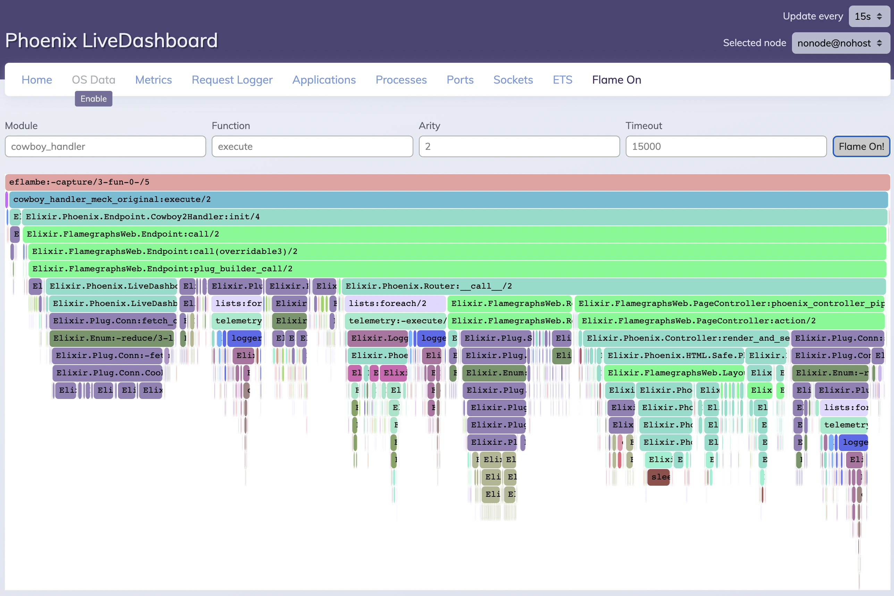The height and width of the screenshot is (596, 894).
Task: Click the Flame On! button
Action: (861, 146)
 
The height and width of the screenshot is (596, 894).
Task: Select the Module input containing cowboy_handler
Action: (106, 146)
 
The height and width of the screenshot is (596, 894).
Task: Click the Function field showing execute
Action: (312, 146)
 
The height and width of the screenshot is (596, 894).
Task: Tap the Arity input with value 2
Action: (519, 146)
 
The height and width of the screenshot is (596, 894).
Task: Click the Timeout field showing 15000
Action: (726, 146)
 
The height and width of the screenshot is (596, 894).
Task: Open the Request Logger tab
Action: (232, 80)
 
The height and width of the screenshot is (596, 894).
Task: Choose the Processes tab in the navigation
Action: (401, 80)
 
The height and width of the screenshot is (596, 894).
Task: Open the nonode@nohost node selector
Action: (841, 43)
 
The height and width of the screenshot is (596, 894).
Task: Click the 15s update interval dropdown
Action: (869, 16)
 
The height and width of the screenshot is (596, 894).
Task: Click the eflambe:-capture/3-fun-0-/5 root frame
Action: (447, 182)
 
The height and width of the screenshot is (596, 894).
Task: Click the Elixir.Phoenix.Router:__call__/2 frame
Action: (613, 286)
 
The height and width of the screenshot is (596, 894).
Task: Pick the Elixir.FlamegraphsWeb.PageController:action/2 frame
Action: (730, 321)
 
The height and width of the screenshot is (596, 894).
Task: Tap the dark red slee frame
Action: (658, 477)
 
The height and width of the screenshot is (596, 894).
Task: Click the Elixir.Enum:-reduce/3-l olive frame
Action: (112, 338)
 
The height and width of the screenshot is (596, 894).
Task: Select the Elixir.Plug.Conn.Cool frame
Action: (108, 373)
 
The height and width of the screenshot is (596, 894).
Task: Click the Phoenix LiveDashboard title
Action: (111, 41)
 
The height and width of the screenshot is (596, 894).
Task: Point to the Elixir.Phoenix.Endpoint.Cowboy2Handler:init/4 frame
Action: (454, 217)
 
